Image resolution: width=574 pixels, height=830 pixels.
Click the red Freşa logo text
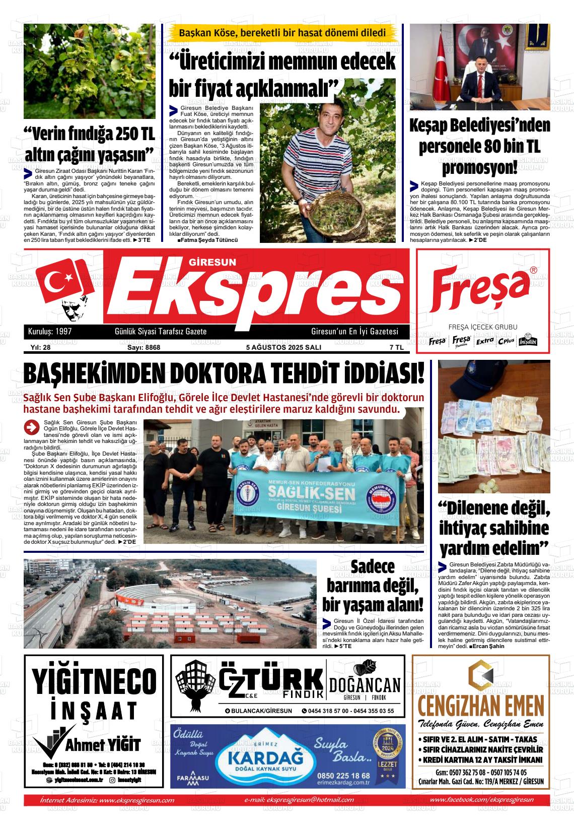481,291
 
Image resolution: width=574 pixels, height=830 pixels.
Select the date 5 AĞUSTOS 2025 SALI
283,347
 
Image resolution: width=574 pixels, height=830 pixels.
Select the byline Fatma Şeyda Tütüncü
207,240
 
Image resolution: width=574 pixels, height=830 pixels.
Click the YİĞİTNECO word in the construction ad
94,681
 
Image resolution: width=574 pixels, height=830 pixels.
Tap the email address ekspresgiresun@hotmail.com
299,800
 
